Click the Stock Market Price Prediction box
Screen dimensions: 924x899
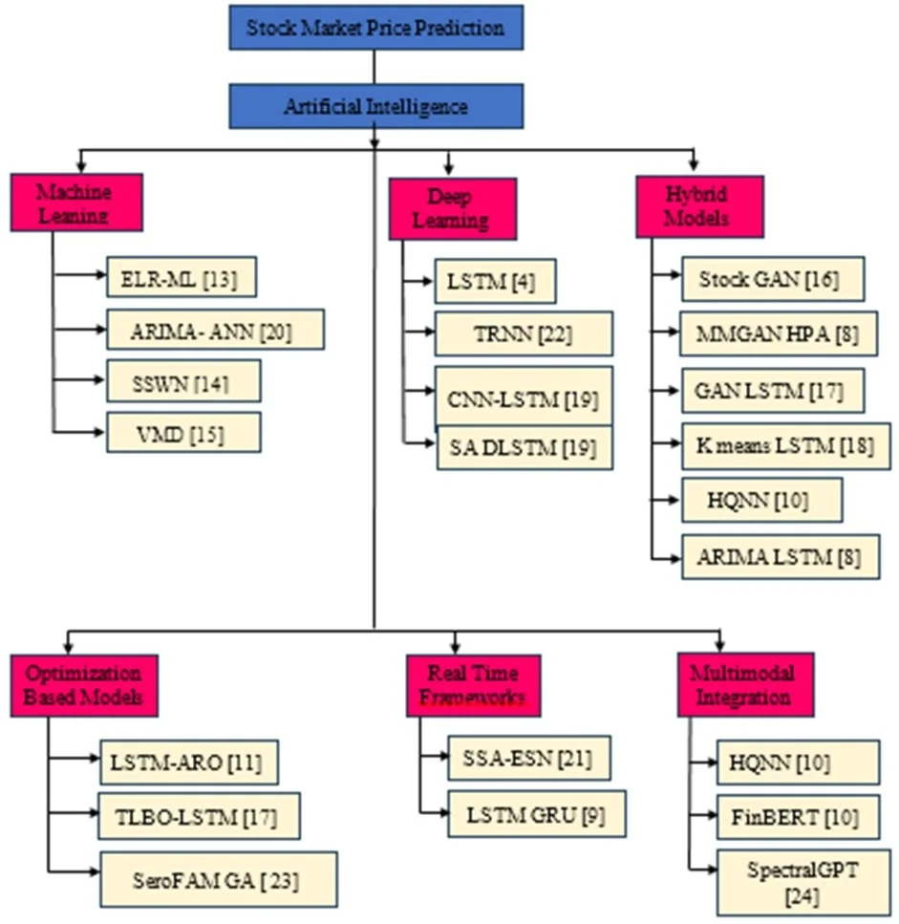(375, 27)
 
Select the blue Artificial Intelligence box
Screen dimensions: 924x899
(375, 105)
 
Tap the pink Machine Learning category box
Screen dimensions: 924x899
(76, 202)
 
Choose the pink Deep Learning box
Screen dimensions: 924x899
(453, 208)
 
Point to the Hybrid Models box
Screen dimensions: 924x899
(699, 205)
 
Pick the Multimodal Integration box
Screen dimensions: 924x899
(746, 684)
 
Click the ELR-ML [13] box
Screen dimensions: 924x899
(182, 278)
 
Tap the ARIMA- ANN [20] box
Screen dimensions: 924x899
(215, 331)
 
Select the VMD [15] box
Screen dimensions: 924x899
(183, 433)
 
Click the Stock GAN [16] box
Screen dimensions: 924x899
(772, 279)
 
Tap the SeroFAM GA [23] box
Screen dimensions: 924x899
(218, 879)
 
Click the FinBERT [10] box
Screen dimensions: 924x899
(797, 816)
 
